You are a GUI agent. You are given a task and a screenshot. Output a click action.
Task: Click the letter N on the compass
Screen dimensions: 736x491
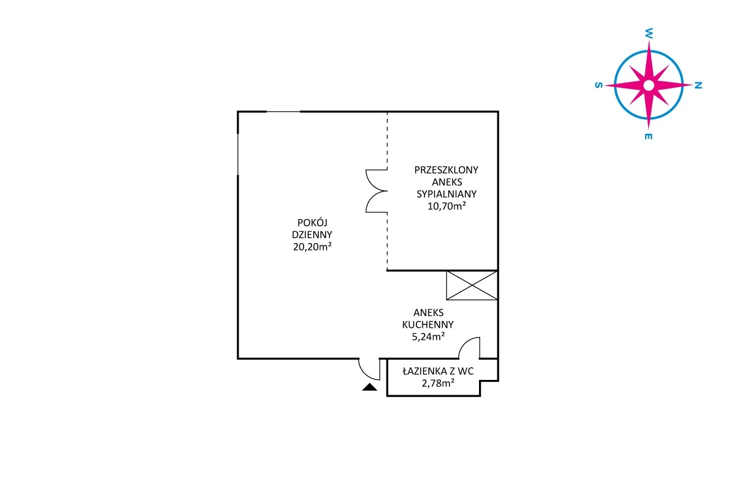[x=698, y=85]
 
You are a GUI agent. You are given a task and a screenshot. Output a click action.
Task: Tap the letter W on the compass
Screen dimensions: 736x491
[x=649, y=33]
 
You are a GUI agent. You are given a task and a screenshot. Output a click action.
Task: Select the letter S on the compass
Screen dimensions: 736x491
[x=599, y=85]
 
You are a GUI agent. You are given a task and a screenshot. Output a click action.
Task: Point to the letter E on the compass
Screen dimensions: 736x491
[x=648, y=136]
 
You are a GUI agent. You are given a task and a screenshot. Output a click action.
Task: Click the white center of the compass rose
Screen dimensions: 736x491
[x=649, y=85]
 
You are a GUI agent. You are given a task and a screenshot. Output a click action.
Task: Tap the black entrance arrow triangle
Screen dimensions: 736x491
[x=370, y=387]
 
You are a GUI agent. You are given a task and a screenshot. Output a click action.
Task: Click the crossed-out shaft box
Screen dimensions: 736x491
[x=472, y=285]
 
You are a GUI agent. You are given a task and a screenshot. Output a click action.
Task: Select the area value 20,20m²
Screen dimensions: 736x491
[x=312, y=246]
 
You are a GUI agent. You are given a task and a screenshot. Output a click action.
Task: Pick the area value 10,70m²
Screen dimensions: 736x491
[x=447, y=206]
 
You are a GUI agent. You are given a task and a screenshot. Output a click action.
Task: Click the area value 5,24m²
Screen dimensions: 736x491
[x=429, y=336]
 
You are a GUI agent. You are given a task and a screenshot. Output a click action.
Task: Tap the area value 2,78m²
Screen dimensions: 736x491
[x=439, y=383]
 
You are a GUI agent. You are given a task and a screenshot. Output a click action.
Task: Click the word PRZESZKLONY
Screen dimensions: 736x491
[x=447, y=170]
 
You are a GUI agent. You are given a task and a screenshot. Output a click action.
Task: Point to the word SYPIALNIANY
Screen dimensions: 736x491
[x=447, y=194]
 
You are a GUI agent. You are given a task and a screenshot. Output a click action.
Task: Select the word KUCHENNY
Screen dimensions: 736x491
[x=428, y=325]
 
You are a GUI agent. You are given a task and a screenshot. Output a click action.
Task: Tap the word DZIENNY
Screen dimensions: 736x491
[x=312, y=235]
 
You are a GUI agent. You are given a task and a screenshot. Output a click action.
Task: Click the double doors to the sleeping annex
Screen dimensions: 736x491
[x=376, y=191]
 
